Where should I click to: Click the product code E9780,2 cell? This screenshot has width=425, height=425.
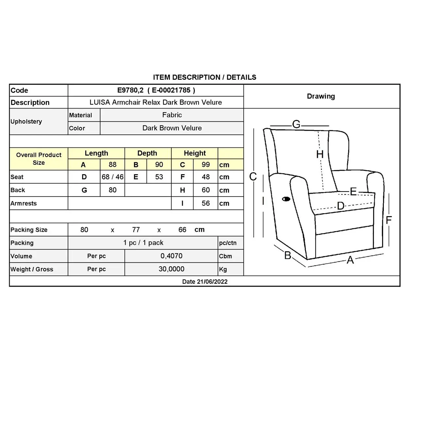[156, 90]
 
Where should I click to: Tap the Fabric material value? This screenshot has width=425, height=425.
[172, 115]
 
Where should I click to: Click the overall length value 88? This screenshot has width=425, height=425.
[112, 165]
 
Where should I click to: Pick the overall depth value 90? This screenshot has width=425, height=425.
[159, 165]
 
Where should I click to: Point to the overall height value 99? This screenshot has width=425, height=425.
[206, 165]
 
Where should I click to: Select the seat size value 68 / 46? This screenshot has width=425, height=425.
[112, 177]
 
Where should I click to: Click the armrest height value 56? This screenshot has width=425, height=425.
[206, 203]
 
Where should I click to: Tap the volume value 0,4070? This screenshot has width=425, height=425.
[171, 256]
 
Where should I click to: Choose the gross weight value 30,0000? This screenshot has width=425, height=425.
[171, 269]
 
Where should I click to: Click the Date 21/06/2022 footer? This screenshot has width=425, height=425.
[205, 281]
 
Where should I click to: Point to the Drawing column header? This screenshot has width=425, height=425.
[321, 96]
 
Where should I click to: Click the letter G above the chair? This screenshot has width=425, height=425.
[296, 124]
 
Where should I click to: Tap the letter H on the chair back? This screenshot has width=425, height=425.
[320, 154]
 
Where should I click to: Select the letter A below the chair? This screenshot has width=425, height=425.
[350, 260]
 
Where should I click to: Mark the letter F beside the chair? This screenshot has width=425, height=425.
[388, 220]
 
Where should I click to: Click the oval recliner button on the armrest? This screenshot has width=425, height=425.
[286, 199]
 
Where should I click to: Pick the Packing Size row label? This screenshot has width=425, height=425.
[29, 230]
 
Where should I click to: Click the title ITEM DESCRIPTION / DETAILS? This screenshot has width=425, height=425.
[205, 77]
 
